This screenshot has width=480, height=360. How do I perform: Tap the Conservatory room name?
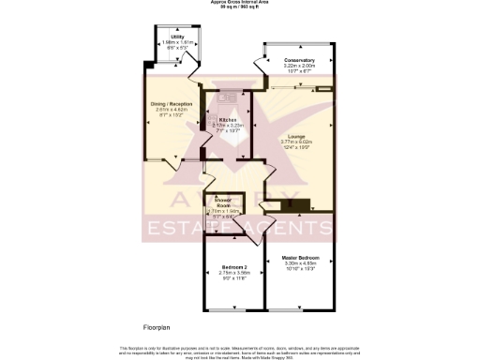[x=299, y=61]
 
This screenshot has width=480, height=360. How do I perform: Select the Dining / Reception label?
[x=172, y=104]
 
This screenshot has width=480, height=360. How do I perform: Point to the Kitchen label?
[x=229, y=120]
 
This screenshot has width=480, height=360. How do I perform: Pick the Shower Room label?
[x=224, y=202]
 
